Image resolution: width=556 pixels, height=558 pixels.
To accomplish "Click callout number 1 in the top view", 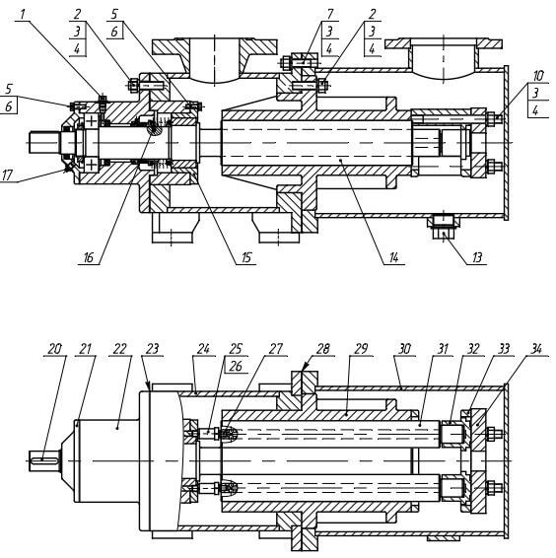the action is pyautogui.click(x=23, y=15).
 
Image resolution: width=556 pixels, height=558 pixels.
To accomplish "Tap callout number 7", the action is pyautogui.click(x=330, y=14).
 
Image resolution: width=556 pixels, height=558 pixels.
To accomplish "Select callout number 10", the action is pyautogui.click(x=538, y=76).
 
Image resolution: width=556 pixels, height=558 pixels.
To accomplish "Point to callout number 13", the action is pyautogui.click(x=476, y=257).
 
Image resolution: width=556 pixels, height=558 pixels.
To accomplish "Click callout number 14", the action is pyautogui.click(x=393, y=257).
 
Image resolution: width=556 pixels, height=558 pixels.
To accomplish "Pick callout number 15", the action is pyautogui.click(x=246, y=257).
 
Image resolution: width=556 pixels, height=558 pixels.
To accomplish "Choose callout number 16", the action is pyautogui.click(x=88, y=257).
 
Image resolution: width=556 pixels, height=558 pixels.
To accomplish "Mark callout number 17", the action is pyautogui.click(x=8, y=174).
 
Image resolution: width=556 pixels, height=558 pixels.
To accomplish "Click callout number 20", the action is pyautogui.click(x=55, y=349).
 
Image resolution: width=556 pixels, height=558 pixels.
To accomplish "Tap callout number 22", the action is pyautogui.click(x=119, y=349).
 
